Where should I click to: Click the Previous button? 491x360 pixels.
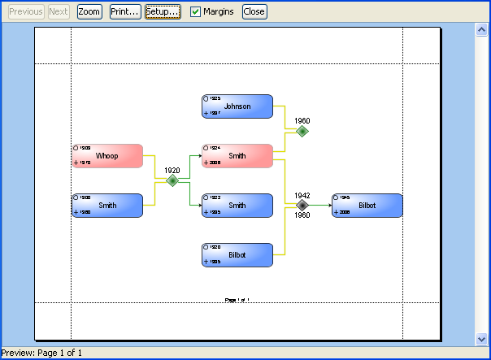[26, 12]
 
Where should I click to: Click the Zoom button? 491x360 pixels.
[89, 12]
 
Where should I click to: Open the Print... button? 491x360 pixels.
[125, 12]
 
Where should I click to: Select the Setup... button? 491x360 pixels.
[163, 12]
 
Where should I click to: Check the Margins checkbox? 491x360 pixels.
[195, 12]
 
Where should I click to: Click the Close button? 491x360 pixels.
[254, 12]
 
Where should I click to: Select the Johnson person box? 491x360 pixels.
[237, 106]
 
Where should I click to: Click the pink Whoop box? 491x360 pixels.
[107, 156]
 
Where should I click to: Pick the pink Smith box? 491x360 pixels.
[237, 156]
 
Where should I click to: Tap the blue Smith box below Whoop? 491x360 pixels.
[107, 206]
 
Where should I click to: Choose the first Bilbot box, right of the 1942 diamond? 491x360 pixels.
[367, 206]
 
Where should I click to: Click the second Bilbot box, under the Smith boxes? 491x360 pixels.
[237, 255]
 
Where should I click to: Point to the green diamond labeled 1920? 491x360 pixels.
[172, 181]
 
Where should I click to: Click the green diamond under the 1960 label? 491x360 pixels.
[302, 131]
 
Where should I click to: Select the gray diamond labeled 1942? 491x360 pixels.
[302, 206]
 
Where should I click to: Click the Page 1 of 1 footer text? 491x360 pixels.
[237, 300]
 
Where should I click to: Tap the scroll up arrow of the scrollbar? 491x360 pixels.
[480, 30]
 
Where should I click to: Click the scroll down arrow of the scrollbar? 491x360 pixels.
[480, 338]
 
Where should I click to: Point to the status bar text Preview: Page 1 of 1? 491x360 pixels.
[42, 353]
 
